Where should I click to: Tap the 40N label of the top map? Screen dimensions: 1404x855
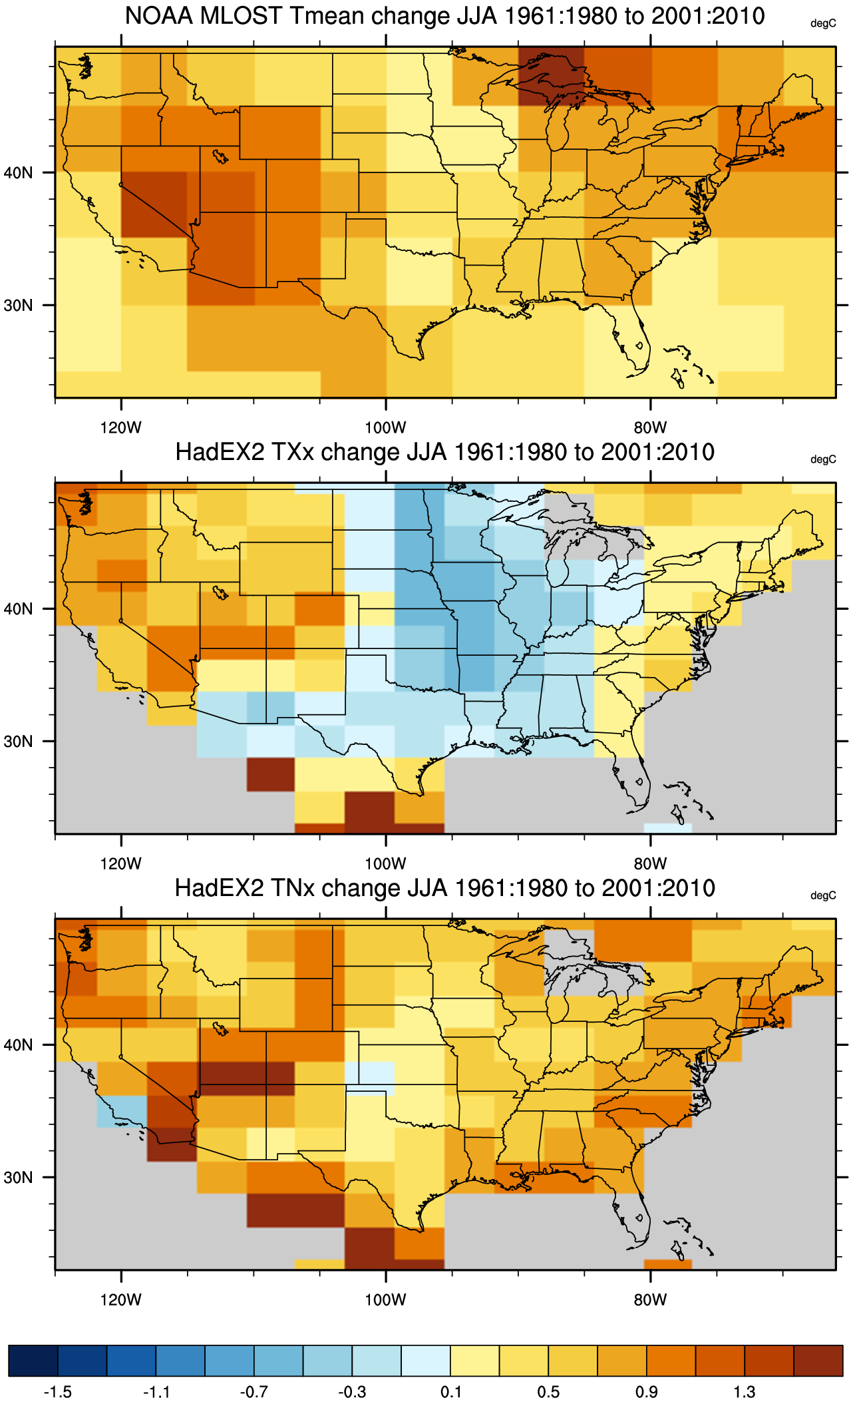[x=18, y=173]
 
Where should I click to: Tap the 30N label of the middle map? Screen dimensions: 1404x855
[x=18, y=742]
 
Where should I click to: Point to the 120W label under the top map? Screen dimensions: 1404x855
[x=120, y=427]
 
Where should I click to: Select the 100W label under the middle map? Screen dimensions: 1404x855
[x=385, y=863]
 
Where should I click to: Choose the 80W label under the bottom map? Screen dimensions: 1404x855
[x=650, y=1299]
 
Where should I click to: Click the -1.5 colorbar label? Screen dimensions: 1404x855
[x=57, y=1392]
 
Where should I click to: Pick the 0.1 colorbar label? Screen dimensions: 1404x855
[x=451, y=1392]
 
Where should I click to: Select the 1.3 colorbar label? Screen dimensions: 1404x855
[x=745, y=1392]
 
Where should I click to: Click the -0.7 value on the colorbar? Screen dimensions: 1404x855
[x=254, y=1392]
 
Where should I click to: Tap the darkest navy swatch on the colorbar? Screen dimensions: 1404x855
[x=33, y=1361]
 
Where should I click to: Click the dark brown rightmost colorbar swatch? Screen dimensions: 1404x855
[x=818, y=1361]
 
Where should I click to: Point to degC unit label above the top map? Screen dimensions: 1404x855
[x=823, y=23]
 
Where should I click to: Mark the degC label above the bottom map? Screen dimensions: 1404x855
[x=823, y=895]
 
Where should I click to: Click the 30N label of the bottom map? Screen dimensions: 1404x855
[x=18, y=1178]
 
